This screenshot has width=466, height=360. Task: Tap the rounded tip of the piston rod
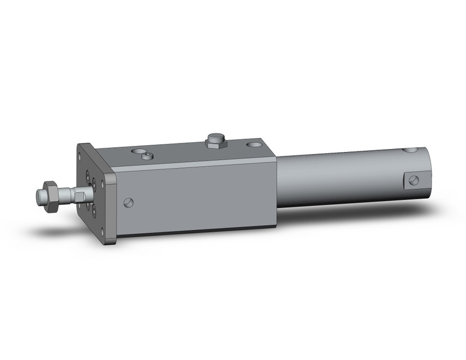click(x=39, y=197)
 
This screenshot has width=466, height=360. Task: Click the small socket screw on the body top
click(x=147, y=156)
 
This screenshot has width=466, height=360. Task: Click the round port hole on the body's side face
click(x=128, y=202)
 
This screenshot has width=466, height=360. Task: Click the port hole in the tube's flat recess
click(x=414, y=180)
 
